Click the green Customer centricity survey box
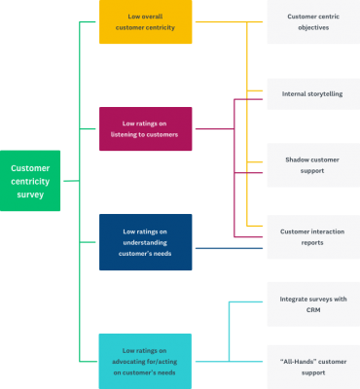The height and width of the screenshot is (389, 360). click(31, 181)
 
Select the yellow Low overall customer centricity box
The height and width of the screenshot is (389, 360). click(145, 22)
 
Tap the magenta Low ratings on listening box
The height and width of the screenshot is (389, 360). click(145, 128)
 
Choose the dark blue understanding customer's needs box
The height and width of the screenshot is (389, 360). click(145, 242)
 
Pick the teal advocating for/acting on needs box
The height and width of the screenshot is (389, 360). click(145, 361)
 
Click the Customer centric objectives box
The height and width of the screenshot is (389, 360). click(312, 22)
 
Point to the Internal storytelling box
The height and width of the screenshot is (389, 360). click(312, 93)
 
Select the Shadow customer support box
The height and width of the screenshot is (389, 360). click(312, 164)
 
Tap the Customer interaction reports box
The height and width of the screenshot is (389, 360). click(312, 236)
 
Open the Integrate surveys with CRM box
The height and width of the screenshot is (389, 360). click(312, 304)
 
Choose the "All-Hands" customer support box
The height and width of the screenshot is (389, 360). click(312, 367)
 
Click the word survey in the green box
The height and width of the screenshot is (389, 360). click(30, 194)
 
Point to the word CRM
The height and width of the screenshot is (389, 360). click(313, 311)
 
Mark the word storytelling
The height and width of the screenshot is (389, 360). click(326, 93)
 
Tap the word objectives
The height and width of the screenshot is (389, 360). click(312, 28)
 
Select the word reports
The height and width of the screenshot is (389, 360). click(312, 243)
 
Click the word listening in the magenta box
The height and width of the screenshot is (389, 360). click(127, 135)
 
